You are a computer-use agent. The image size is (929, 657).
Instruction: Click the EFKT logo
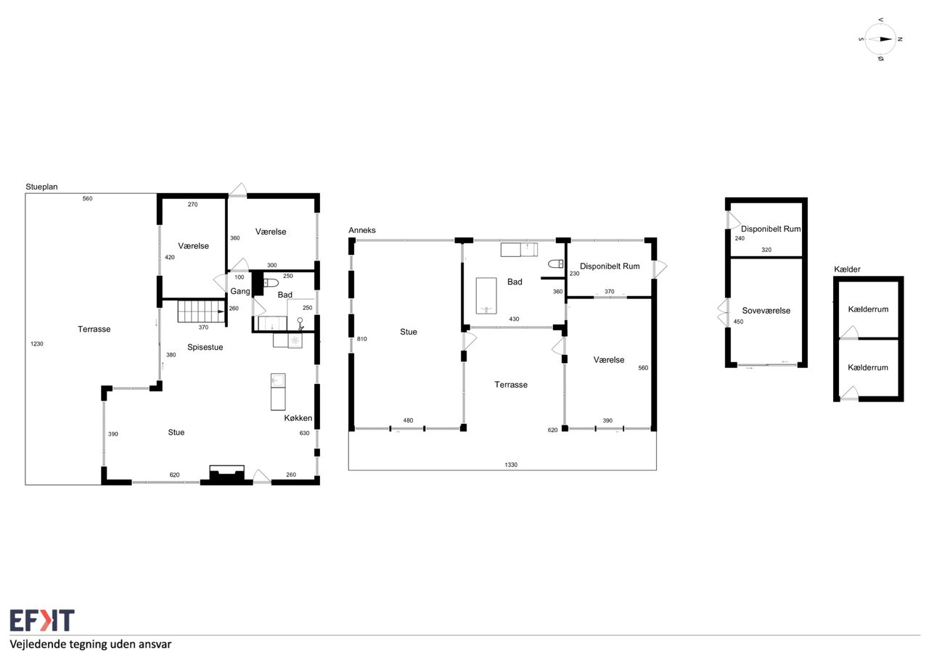tap(42, 621)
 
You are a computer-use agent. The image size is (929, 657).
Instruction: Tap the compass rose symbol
tap(880, 39)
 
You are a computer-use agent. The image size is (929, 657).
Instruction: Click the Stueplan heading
tap(41, 187)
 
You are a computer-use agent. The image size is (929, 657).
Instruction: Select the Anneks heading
tap(362, 230)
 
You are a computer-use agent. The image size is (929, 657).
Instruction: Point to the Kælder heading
tap(847, 269)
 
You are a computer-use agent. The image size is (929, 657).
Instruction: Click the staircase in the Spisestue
tap(201, 311)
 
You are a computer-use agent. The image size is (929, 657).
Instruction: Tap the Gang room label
tap(240, 291)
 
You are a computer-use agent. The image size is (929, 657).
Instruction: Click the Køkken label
tap(298, 417)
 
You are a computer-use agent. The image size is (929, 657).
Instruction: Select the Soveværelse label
tap(766, 311)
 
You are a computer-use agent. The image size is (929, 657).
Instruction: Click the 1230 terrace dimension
tap(37, 344)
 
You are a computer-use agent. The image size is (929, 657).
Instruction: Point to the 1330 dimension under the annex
tap(511, 465)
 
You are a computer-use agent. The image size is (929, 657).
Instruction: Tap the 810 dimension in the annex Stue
tap(362, 339)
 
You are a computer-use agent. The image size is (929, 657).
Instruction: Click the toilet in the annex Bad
tap(556, 264)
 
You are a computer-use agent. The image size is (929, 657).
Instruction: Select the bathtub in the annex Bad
tap(486, 295)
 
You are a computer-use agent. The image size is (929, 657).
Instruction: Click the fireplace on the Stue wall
tap(226, 475)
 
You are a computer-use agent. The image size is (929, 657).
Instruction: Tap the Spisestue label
tap(205, 347)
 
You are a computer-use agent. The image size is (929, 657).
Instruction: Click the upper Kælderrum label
tap(868, 309)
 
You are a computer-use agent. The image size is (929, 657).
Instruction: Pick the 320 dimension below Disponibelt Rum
tap(766, 250)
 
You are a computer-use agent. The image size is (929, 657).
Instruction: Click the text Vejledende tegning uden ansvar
tap(91, 644)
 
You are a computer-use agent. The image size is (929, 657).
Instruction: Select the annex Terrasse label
tap(511, 385)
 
